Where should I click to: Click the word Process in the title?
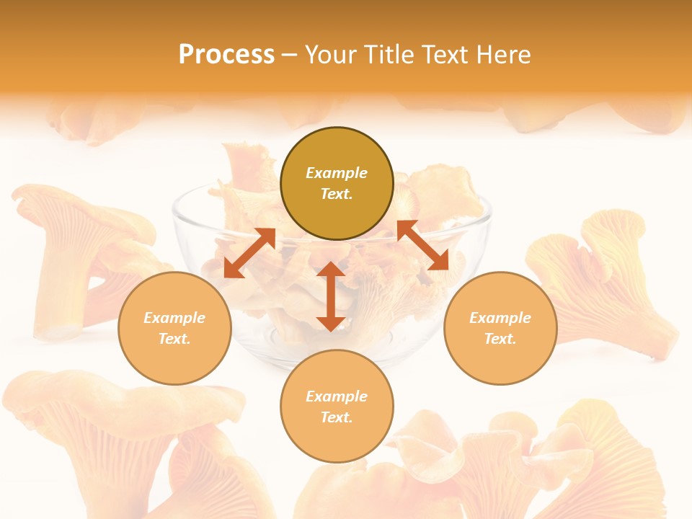[x=226, y=55]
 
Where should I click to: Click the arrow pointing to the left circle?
[x=249, y=253]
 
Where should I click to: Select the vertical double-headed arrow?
[x=331, y=296]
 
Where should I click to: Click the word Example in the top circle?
[x=337, y=173]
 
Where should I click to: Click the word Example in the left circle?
[x=174, y=318]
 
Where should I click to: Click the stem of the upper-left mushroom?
[x=61, y=288]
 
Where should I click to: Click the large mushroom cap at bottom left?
[x=108, y=404]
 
